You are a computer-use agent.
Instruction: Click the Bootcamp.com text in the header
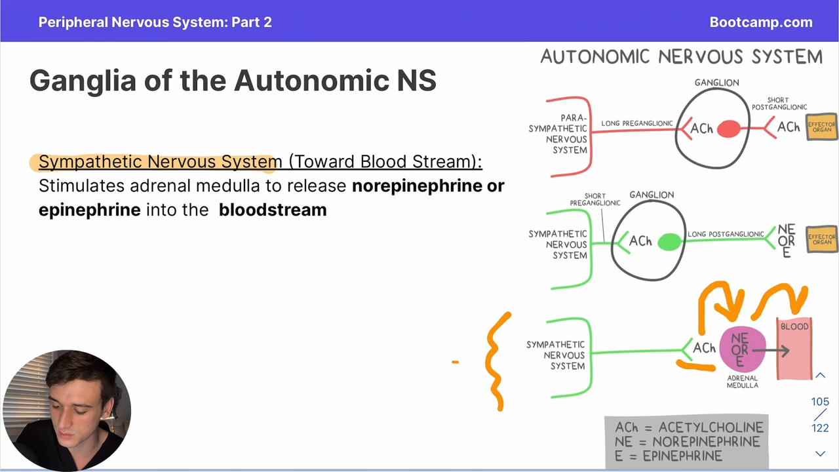[761, 22]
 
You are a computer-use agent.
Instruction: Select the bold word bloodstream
[273, 210]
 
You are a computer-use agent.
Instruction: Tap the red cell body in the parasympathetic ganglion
[728, 128]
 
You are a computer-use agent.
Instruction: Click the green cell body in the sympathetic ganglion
[669, 242]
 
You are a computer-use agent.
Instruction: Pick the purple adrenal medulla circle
[743, 349]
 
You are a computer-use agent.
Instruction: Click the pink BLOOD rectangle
[794, 348]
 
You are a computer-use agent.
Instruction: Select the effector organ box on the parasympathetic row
[821, 127]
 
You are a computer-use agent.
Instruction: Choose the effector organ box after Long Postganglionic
[821, 239]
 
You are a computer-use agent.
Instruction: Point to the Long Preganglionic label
[636, 123]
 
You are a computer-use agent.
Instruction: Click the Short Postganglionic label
[779, 104]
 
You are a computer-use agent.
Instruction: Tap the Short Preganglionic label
[595, 199]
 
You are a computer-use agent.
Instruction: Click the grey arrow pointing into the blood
[771, 351]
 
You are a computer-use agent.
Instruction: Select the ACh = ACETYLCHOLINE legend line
[689, 427]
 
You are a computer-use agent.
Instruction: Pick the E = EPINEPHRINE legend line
[669, 456]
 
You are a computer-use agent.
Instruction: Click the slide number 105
[820, 402]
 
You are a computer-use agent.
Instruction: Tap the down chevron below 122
[820, 454]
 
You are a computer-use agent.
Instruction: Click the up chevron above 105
[820, 375]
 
